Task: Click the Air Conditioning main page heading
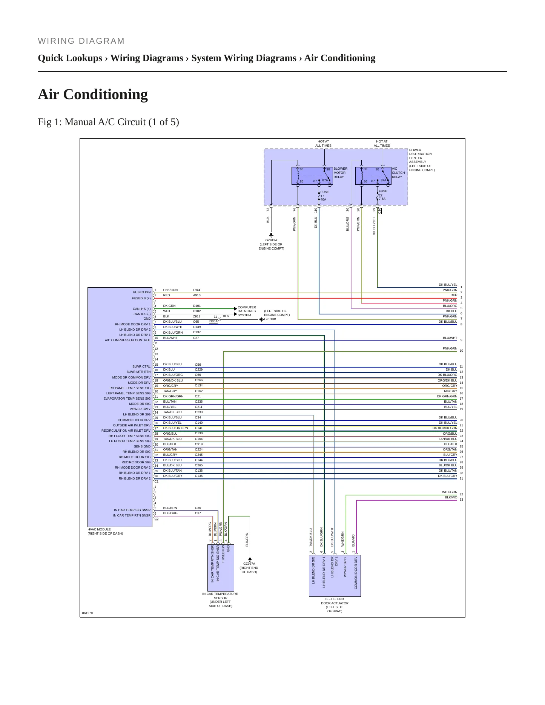[93, 94]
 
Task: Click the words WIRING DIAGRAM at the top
[81, 41]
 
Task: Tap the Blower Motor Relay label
[340, 173]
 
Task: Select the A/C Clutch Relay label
[398, 173]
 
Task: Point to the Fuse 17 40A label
[324, 196]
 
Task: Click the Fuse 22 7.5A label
[383, 195]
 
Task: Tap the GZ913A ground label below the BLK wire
[271, 244]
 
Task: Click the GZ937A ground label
[249, 568]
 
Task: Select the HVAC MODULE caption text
[105, 532]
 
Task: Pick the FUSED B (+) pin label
[141, 298]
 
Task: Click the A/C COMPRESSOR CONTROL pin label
[127, 340]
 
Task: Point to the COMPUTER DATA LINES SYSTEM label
[247, 311]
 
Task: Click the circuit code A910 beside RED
[197, 295]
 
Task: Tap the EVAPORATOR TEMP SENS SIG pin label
[127, 398]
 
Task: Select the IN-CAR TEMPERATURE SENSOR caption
[220, 600]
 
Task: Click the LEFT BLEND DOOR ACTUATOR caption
[335, 605]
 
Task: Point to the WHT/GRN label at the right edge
[450, 492]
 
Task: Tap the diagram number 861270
[88, 613]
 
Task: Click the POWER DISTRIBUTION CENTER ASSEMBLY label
[422, 160]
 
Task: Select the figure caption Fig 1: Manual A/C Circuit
[108, 122]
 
